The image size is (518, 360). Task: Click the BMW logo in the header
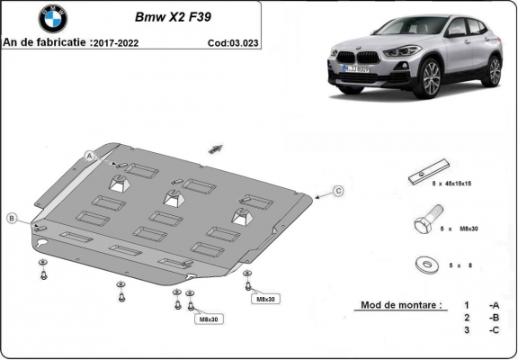pyautogui.click(x=53, y=18)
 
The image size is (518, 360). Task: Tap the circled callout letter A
pyautogui.click(x=91, y=156)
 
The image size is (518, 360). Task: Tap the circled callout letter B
pyautogui.click(x=11, y=218)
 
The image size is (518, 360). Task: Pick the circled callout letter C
pyautogui.click(x=338, y=190)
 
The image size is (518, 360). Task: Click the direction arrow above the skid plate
pyautogui.click(x=215, y=148)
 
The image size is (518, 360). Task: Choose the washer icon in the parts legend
pyautogui.click(x=422, y=264)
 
